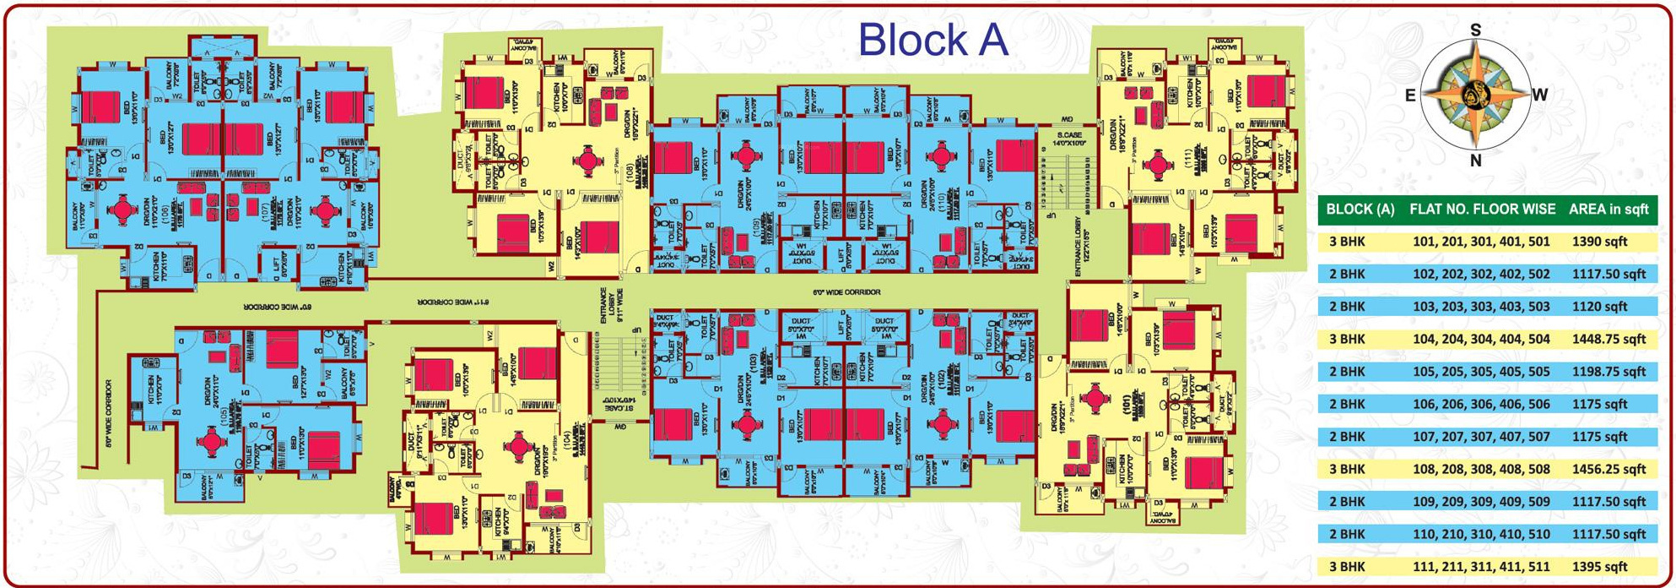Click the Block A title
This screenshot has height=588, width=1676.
[933, 40]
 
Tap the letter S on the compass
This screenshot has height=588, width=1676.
[1475, 30]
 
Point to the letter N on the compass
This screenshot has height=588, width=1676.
[1475, 161]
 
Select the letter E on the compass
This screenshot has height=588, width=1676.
[1409, 95]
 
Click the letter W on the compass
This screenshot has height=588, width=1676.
[1540, 95]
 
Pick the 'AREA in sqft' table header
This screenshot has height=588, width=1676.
[1608, 210]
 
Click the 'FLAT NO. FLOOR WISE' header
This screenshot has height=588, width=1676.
[1482, 210]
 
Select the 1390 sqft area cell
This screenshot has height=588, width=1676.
[1599, 242]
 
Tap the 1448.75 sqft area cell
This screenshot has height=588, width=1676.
[1608, 339]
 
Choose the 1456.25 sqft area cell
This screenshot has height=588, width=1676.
[1608, 469]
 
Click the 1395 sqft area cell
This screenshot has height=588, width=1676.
[1599, 567]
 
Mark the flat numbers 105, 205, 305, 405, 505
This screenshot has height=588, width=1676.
[1481, 372]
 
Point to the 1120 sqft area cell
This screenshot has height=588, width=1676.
[1599, 307]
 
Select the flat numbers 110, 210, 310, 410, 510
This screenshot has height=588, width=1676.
[1481, 534]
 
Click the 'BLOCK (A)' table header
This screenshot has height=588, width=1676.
[1360, 210]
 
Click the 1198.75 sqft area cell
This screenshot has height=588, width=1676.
[1608, 372]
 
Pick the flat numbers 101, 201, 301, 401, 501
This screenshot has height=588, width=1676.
[1481, 242]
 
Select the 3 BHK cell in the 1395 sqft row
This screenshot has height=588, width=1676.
[1347, 567]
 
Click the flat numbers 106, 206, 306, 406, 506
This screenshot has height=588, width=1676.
[1481, 404]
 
